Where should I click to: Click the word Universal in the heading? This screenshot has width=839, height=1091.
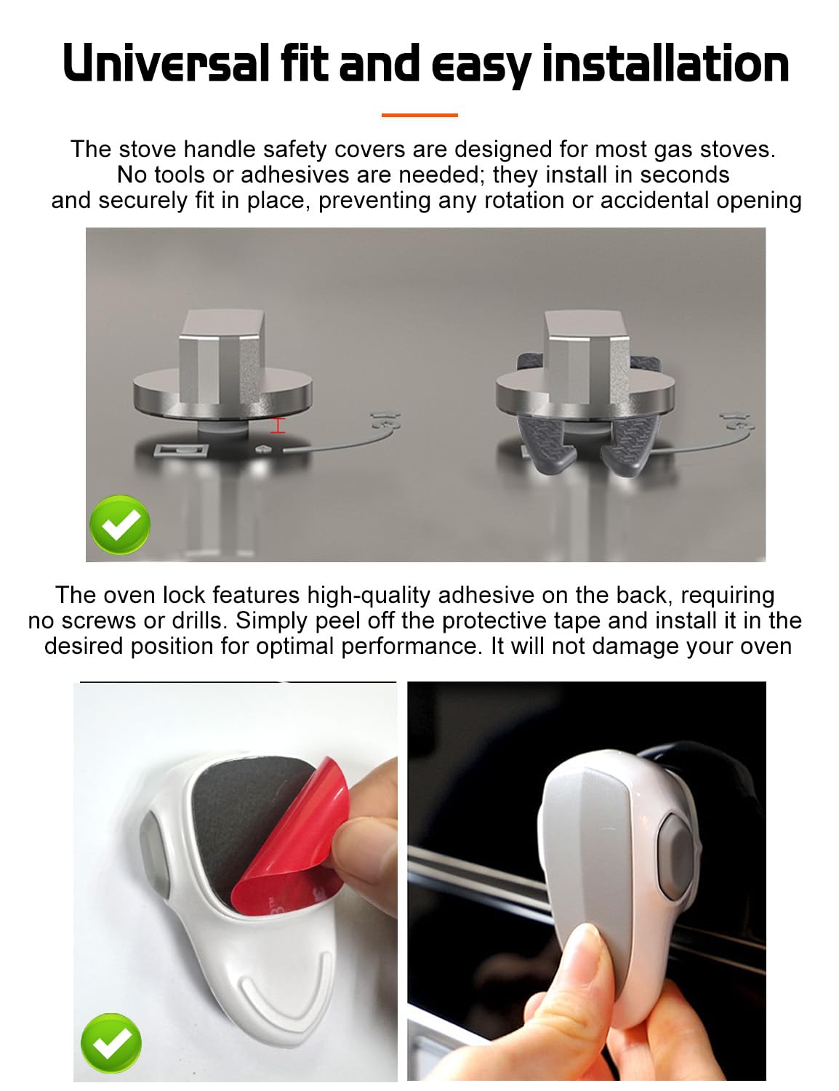(166, 63)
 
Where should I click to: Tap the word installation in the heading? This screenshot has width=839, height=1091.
(665, 63)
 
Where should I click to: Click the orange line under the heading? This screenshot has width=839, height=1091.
(419, 115)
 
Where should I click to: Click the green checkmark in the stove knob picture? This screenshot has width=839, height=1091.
(120, 524)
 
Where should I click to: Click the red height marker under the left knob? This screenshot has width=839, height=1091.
(278, 425)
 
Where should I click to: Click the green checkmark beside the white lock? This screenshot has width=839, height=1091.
(111, 1043)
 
